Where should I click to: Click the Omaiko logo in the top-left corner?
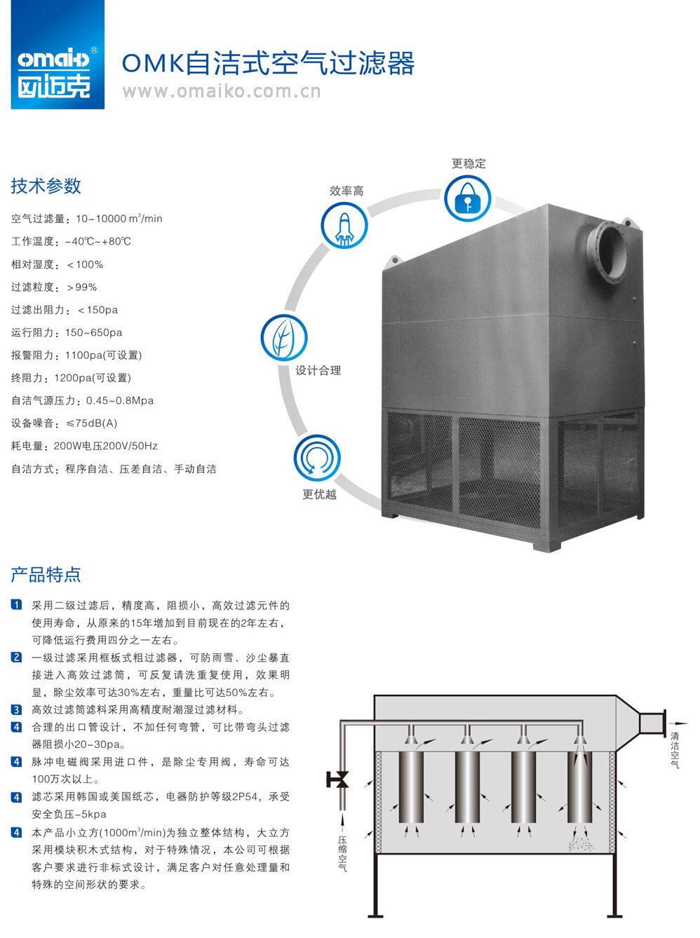pos(58,55)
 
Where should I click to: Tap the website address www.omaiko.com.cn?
pos(221,91)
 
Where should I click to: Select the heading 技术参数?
pos(46,186)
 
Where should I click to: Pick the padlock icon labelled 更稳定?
pos(467,198)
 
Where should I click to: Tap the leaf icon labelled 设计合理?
pos(283,339)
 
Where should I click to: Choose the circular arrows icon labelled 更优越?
pos(317,458)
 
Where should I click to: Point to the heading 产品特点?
pos(46,575)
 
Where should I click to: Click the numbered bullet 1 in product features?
pos(17,605)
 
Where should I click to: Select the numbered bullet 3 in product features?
pos(17,709)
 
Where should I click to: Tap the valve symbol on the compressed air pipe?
pos(339,779)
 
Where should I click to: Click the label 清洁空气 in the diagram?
pos(675,750)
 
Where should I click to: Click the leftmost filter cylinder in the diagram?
pos(411,787)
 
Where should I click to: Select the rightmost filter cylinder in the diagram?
pos(579,787)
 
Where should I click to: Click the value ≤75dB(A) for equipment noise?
pos(92,423)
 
